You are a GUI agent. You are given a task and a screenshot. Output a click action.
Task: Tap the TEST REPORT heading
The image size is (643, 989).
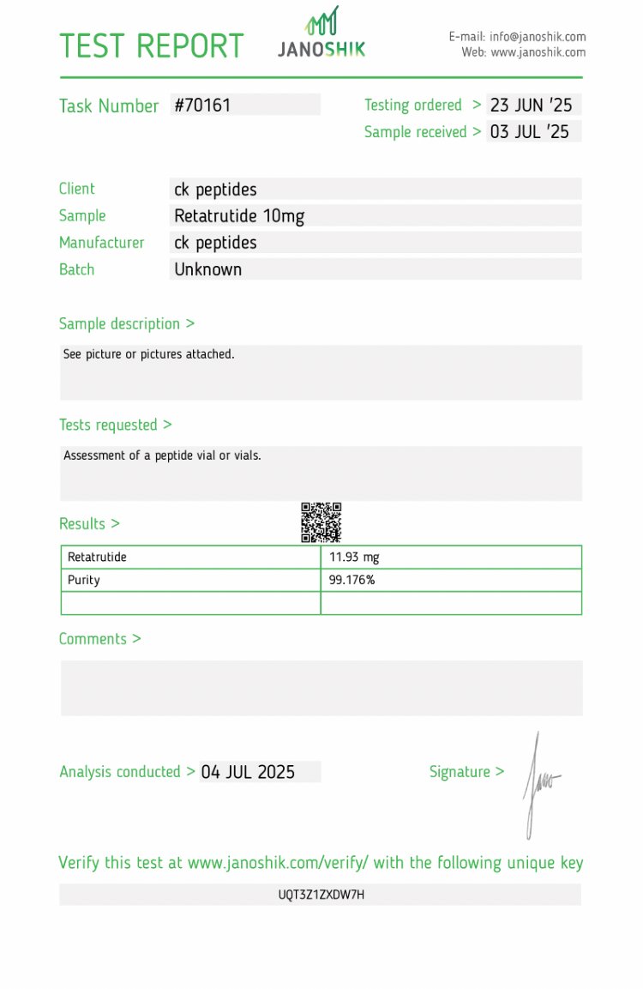pos(151,45)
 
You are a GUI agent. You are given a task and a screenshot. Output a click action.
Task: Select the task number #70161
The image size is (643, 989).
pos(202,106)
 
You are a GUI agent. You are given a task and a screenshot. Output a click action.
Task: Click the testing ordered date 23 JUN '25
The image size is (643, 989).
pos(531,106)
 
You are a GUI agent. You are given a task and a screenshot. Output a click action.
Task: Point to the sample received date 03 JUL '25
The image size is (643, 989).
pos(529,132)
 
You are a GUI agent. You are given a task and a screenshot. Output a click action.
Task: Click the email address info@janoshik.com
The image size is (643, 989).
pos(538,37)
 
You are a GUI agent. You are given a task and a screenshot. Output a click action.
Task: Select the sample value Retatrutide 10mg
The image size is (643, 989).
pos(239,216)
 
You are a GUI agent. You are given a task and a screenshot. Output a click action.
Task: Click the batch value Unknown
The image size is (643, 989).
pos(208,269)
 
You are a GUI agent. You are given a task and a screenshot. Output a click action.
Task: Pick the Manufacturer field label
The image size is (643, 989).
pos(101,243)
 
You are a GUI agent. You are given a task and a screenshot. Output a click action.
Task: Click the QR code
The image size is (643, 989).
pos(321,522)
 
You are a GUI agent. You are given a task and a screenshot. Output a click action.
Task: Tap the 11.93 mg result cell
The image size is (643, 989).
pos(354,558)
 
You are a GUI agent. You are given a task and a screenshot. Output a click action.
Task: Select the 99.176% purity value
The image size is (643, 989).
pos(352,580)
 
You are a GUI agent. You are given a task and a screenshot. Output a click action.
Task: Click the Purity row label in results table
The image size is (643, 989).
pos(84,580)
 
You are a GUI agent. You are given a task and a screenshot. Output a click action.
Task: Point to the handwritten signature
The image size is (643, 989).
pos(538,782)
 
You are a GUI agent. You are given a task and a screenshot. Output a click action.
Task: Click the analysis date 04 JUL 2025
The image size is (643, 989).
pos(248,772)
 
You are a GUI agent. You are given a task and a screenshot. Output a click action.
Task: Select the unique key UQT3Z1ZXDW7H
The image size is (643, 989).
pos(321,895)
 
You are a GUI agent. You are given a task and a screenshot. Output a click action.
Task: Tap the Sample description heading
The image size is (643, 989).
pos(126,323)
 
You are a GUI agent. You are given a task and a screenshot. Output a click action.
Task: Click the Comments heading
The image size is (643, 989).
pos(99,639)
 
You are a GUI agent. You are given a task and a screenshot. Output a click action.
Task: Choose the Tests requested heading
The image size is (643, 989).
pos(115,425)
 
